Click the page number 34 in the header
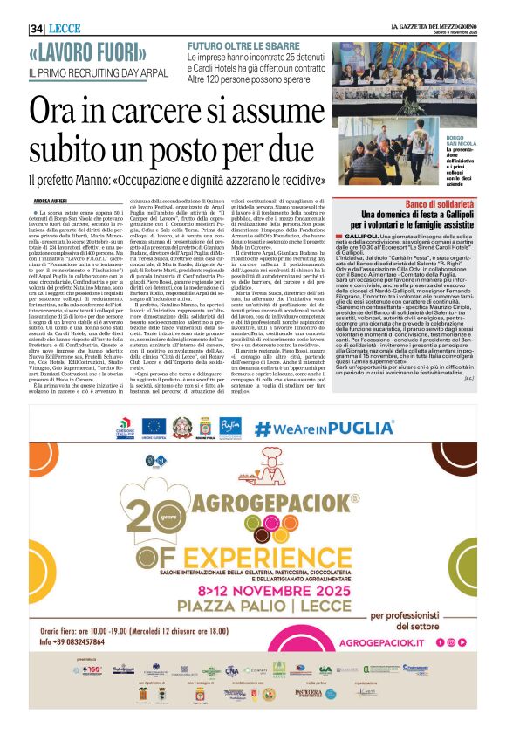pyautogui.click(x=38, y=29)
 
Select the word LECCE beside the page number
pyautogui.click(x=65, y=29)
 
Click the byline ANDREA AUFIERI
pyautogui.click(x=51, y=201)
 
